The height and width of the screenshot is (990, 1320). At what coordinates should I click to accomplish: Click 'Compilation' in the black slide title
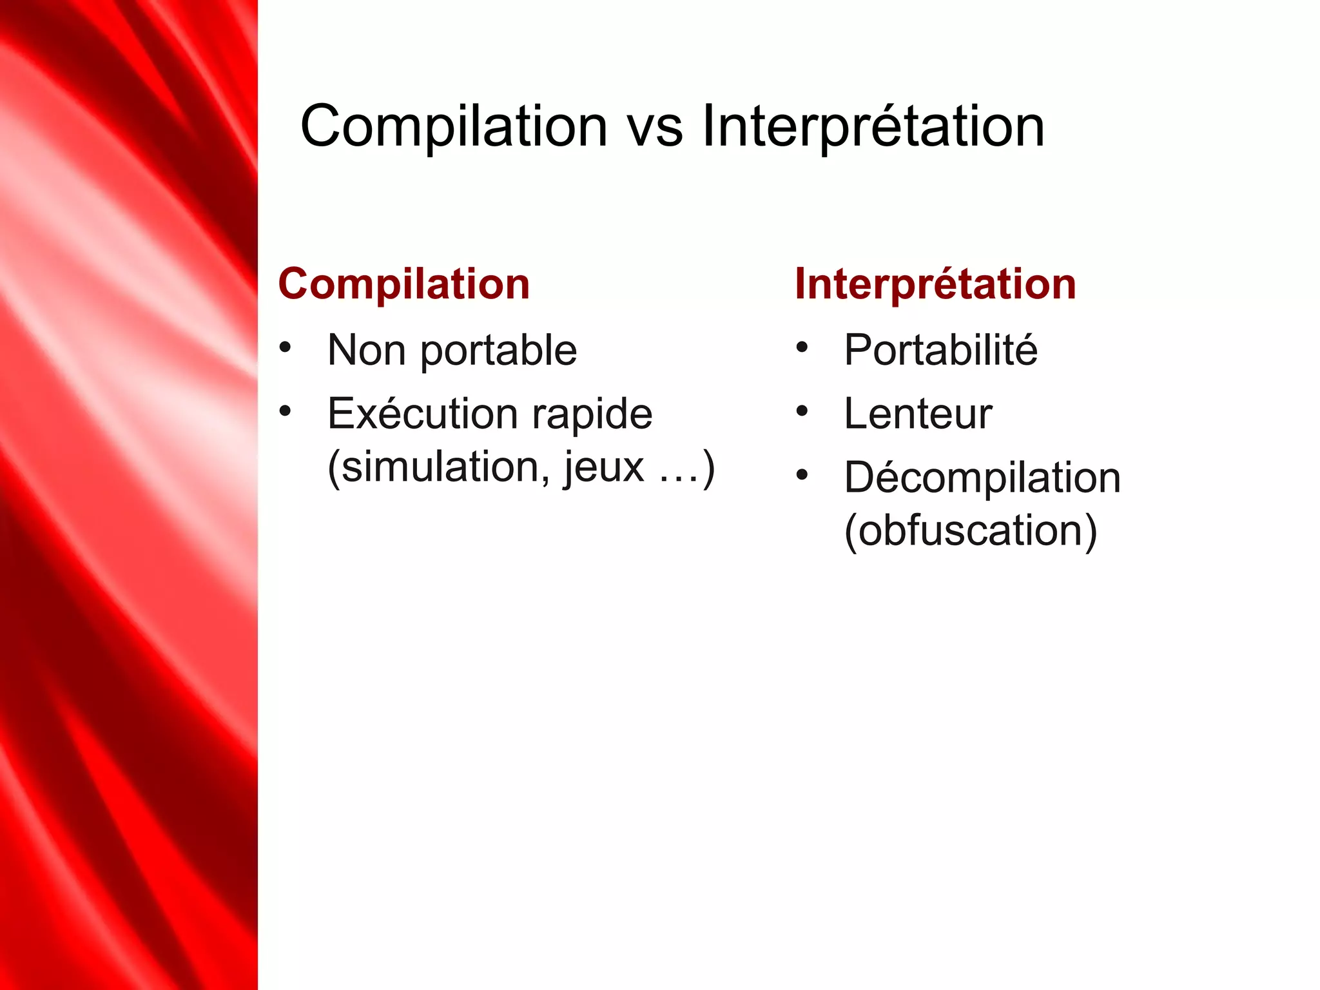[454, 128]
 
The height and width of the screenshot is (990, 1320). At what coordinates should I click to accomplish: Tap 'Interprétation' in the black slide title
[873, 128]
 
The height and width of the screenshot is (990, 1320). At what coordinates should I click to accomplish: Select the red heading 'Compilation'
[404, 284]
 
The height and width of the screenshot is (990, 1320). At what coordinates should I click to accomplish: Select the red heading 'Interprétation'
[935, 284]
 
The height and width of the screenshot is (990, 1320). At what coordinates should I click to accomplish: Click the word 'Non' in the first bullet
[366, 351]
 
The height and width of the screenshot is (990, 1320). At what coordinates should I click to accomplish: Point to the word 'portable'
[499, 352]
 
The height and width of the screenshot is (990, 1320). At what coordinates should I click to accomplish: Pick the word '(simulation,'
[439, 467]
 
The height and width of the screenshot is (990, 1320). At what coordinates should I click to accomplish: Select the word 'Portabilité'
[940, 351]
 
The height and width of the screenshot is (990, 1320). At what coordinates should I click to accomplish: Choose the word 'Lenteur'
[918, 414]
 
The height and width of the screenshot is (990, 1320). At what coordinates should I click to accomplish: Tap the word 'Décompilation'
[982, 478]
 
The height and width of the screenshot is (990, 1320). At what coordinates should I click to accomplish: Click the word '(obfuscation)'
[971, 531]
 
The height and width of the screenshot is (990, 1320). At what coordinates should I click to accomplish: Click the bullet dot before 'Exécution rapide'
[286, 411]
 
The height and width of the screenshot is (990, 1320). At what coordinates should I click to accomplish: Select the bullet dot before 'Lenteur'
[802, 411]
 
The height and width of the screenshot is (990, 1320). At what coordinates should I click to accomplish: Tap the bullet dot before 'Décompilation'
[802, 475]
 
